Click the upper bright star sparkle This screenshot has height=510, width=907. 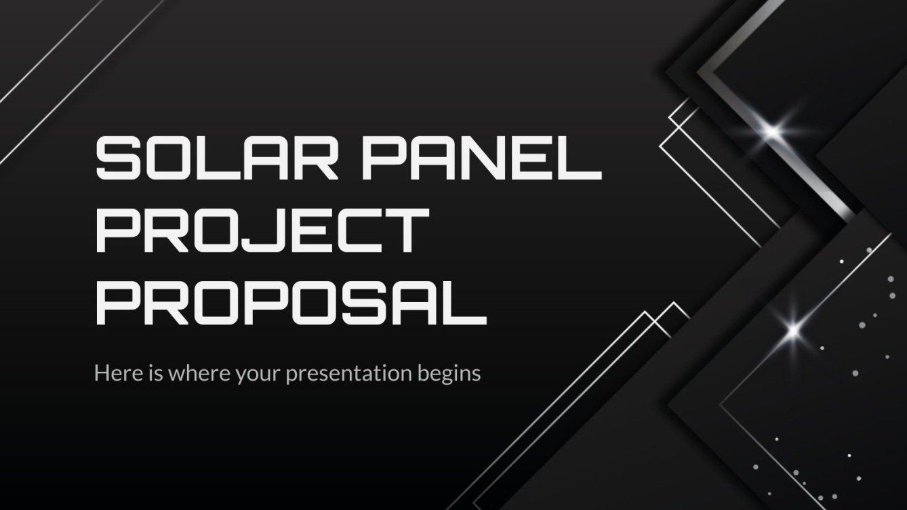point(772,129)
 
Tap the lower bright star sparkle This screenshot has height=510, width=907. point(794,330)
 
